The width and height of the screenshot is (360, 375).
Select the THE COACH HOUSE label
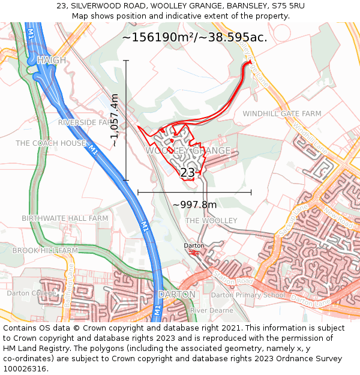51,143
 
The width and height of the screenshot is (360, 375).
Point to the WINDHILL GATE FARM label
282,113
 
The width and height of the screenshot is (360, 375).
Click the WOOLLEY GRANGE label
188,150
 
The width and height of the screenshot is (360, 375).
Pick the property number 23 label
188,173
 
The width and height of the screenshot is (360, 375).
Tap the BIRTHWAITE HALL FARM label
65,218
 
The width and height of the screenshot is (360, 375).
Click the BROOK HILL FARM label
45,250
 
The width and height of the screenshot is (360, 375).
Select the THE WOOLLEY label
211,221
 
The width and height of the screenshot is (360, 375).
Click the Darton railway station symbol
194,253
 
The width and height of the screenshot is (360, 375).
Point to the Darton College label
30,293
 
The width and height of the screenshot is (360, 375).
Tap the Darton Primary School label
247,295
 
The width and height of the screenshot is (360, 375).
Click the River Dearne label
211,310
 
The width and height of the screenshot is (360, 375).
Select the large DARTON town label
176,295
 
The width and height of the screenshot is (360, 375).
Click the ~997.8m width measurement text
194,205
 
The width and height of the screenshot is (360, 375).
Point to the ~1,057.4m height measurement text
115,120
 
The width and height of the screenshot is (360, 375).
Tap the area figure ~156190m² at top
158,37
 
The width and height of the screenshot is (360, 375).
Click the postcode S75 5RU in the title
289,5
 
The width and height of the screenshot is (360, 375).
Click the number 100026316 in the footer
25,368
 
